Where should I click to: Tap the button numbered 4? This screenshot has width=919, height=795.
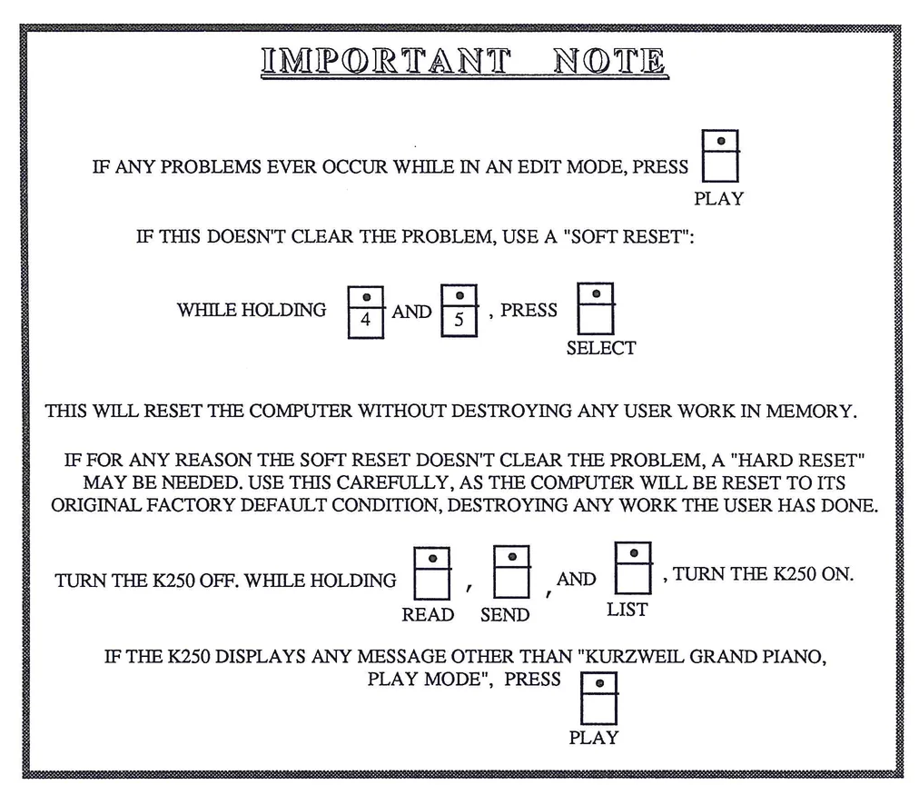pos(366,312)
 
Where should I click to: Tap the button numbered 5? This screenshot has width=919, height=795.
pos(459,311)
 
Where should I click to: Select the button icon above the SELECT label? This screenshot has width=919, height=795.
pos(596,308)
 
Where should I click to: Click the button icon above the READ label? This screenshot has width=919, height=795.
pos(431,572)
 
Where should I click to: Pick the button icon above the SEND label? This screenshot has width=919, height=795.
pos(512,571)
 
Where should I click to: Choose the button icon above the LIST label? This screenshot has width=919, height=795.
pos(633,567)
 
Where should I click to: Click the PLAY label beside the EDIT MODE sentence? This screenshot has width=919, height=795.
pos(718,199)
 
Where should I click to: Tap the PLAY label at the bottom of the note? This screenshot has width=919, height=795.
pos(593,738)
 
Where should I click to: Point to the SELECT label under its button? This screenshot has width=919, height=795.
pos(600,348)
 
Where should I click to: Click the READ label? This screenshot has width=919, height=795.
pos(428,615)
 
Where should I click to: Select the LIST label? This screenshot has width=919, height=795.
pos(627,610)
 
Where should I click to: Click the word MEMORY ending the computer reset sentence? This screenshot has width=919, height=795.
pos(810,411)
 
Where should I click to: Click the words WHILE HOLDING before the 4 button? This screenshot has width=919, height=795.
pos(252,311)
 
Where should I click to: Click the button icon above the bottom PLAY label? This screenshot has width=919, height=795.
pos(599,697)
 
